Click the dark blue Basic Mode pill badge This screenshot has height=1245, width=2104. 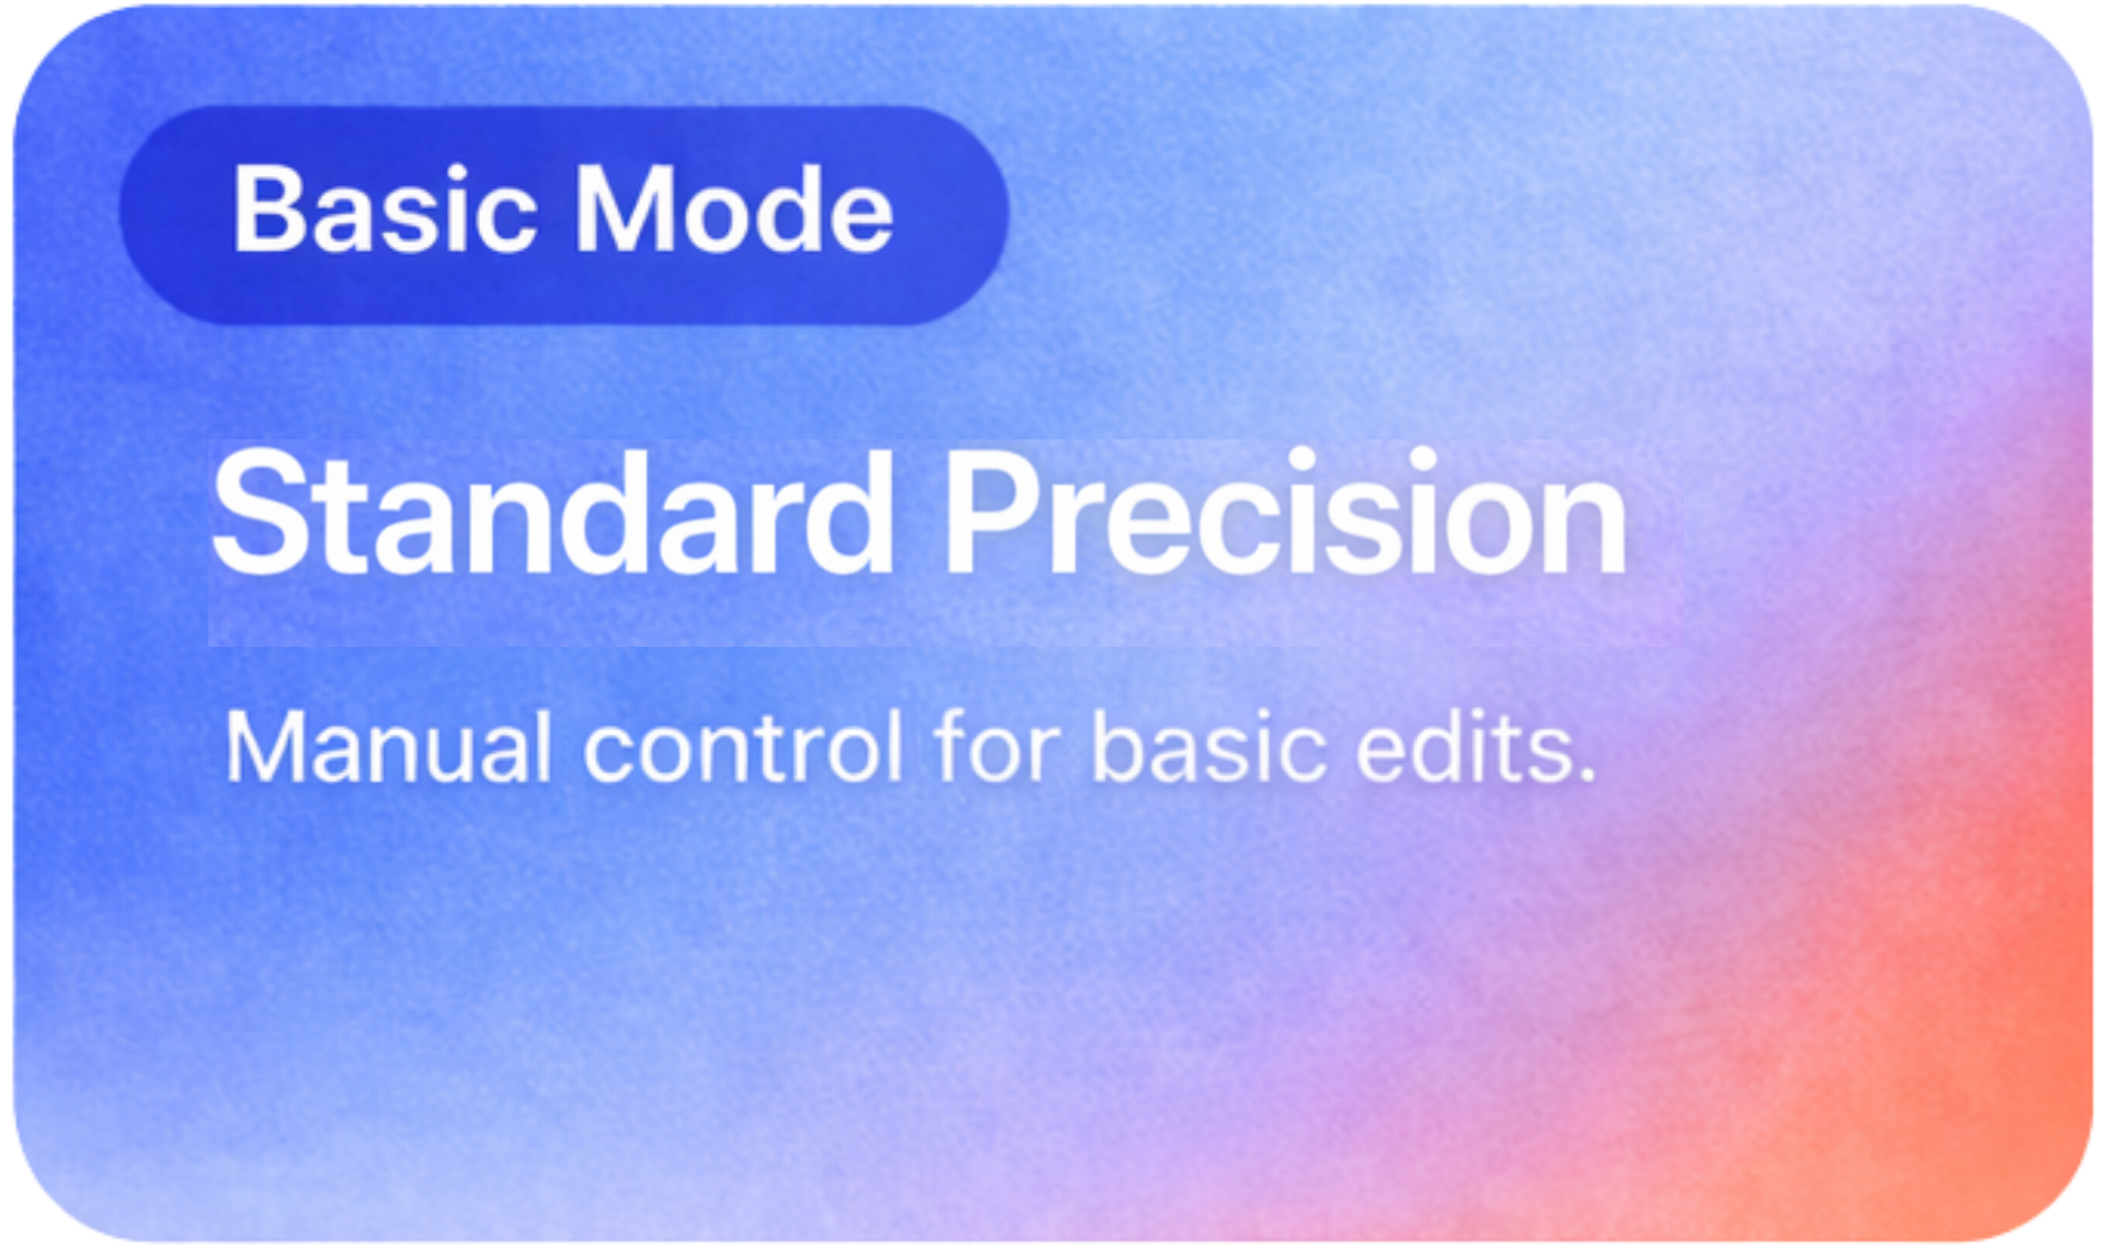[564, 215]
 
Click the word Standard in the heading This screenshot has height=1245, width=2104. [552, 513]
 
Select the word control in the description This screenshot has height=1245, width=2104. [743, 746]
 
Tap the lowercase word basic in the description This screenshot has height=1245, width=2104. [1209, 746]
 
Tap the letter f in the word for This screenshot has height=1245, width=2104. [952, 746]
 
